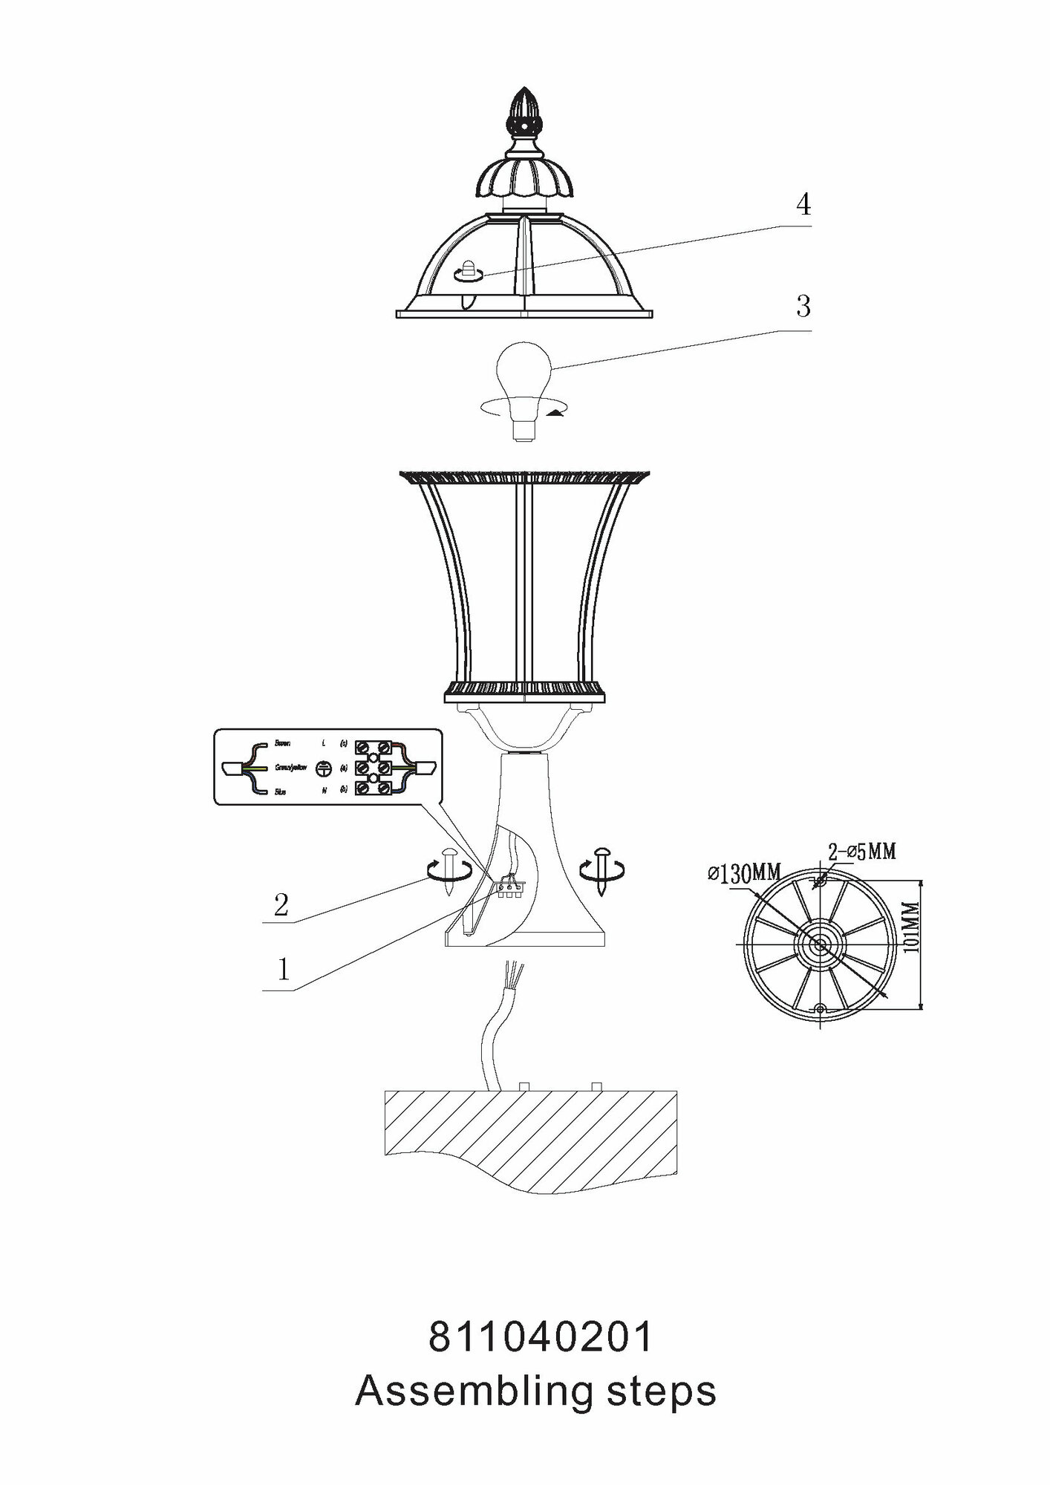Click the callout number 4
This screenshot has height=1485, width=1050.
click(803, 204)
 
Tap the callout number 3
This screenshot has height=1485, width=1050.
click(803, 306)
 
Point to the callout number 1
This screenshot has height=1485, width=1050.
click(283, 969)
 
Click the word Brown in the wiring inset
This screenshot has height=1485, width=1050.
click(282, 743)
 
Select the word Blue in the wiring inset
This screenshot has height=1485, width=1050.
click(280, 792)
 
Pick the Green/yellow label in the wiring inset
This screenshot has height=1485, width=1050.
click(290, 768)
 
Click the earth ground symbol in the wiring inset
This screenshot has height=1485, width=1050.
click(323, 768)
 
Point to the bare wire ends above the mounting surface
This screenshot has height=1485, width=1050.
click(512, 972)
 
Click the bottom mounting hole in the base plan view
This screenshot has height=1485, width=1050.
click(820, 1009)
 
